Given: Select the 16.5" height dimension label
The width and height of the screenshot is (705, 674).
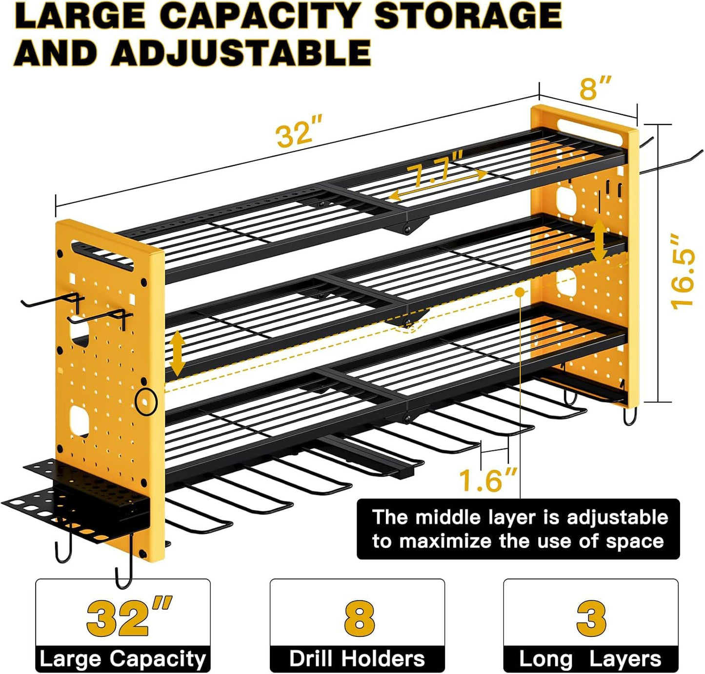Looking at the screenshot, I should (x=683, y=272).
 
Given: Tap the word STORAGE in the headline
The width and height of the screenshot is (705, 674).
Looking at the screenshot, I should (x=467, y=17).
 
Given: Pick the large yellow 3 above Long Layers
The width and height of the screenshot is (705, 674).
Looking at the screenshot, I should (x=591, y=618).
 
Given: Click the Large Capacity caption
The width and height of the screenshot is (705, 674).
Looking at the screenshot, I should (x=122, y=658).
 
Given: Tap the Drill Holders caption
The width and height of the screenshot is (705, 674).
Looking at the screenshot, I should (x=357, y=658).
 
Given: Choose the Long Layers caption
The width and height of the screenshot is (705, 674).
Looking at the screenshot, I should (x=590, y=658).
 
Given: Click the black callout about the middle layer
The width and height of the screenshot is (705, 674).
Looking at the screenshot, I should (x=518, y=529).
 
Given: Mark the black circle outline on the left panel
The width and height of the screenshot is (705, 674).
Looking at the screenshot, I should (x=146, y=402).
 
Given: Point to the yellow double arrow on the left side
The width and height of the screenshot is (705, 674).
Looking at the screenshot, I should (x=177, y=353).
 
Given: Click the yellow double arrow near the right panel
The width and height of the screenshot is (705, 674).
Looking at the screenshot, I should (x=599, y=240).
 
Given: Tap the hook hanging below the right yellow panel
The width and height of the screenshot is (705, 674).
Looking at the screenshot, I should (x=630, y=417).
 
